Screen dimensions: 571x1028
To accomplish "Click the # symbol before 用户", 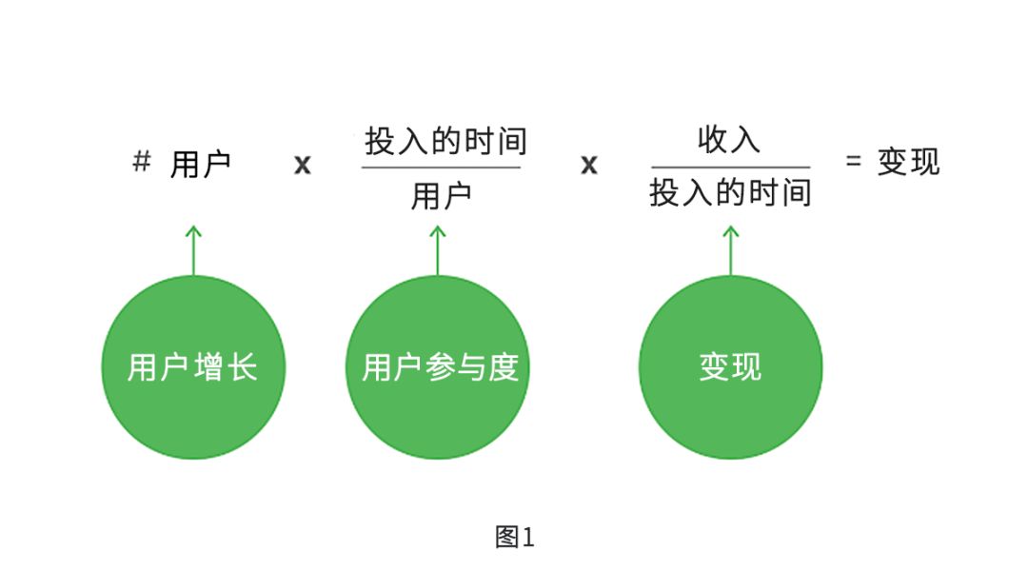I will tap(141, 163).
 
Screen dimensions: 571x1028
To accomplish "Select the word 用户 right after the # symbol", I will tap(201, 165).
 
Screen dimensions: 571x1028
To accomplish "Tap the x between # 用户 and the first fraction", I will tap(302, 165).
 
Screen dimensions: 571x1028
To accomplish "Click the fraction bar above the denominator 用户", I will tap(441, 168).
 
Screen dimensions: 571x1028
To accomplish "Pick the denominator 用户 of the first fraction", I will tap(441, 197).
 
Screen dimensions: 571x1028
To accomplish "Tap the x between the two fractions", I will tap(589, 165).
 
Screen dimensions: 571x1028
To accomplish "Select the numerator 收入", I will tap(729, 140).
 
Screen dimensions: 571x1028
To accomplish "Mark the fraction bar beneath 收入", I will tap(730, 167).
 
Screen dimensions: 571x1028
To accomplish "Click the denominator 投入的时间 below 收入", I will tap(730, 193).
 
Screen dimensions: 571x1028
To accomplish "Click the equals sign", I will tap(854, 162).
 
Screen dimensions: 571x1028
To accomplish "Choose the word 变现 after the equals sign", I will tap(908, 162).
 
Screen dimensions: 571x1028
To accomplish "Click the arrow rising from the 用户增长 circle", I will tap(193, 249).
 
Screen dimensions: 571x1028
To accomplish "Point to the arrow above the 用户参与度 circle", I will tap(437, 249).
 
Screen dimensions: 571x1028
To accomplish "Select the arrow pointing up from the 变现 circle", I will tap(730, 249).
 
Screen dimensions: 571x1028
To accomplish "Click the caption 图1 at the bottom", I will tap(515, 538).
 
